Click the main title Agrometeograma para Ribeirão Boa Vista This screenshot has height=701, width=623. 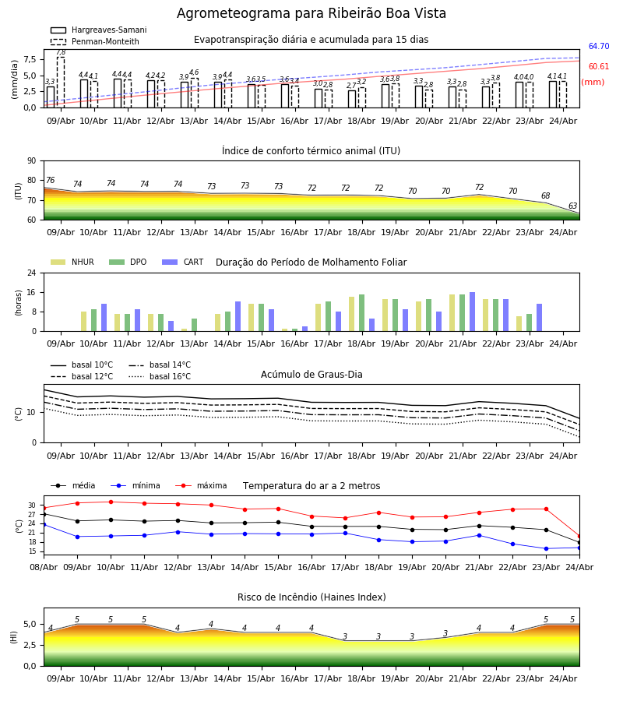tap(311, 13)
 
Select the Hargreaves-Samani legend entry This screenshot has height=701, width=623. tap(98, 30)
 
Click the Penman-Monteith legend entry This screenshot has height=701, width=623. tap(95, 41)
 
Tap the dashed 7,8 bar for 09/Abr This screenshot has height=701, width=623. tap(60, 83)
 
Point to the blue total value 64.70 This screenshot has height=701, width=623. tap(599, 46)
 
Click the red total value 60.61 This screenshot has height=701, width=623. tap(599, 67)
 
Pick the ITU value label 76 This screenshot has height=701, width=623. tap(50, 180)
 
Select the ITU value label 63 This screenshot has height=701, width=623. tap(572, 206)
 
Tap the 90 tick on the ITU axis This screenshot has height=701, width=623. tap(32, 161)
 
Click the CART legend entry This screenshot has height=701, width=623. tap(182, 262)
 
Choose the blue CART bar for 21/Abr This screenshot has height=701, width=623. tap(473, 312)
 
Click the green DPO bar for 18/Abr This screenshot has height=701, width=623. tap(361, 313)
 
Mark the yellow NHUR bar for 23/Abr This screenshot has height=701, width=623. tap(519, 324)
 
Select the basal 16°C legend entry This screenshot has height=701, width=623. tap(160, 376)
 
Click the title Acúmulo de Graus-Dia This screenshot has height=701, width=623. tap(311, 375)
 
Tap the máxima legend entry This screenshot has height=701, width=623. tap(201, 485)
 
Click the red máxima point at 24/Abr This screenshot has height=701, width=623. tap(579, 536)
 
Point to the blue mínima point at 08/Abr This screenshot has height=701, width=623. tap(44, 524)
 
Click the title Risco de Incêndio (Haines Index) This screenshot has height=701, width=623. tap(311, 597)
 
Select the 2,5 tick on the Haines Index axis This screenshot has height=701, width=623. tap(30, 645)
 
